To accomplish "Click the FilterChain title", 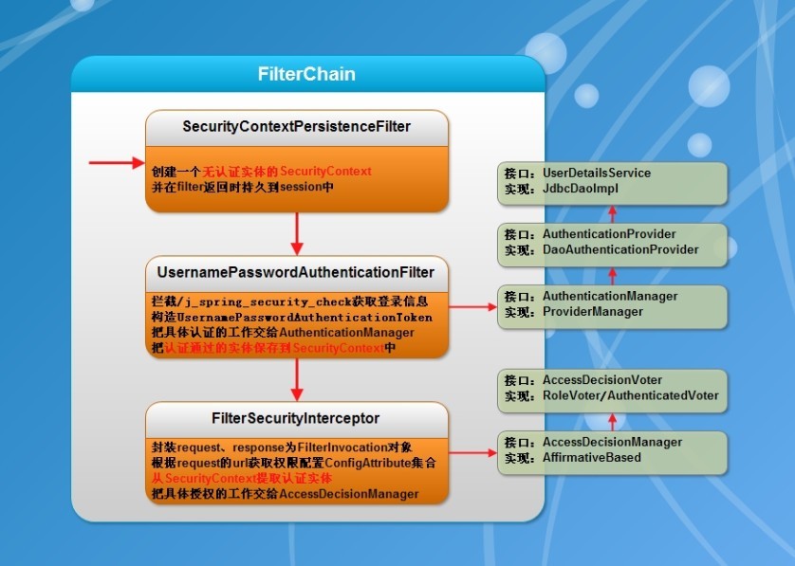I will [x=306, y=74].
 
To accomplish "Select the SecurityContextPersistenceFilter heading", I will [x=296, y=126].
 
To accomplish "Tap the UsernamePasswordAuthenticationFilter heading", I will [x=296, y=272].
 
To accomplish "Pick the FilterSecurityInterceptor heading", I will [x=296, y=418].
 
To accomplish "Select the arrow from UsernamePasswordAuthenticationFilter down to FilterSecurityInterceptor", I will [x=297, y=379].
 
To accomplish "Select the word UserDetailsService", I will [x=597, y=173].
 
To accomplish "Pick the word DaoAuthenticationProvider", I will [x=620, y=249].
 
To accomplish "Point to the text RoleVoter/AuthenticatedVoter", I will [x=630, y=395].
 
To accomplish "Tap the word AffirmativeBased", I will [x=591, y=458].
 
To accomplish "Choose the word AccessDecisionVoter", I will [x=602, y=380].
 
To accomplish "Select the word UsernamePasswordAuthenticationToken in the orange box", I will [x=312, y=317].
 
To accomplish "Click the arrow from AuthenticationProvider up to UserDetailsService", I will [x=612, y=212].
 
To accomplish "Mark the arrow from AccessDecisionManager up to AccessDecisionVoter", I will [x=612, y=421].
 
